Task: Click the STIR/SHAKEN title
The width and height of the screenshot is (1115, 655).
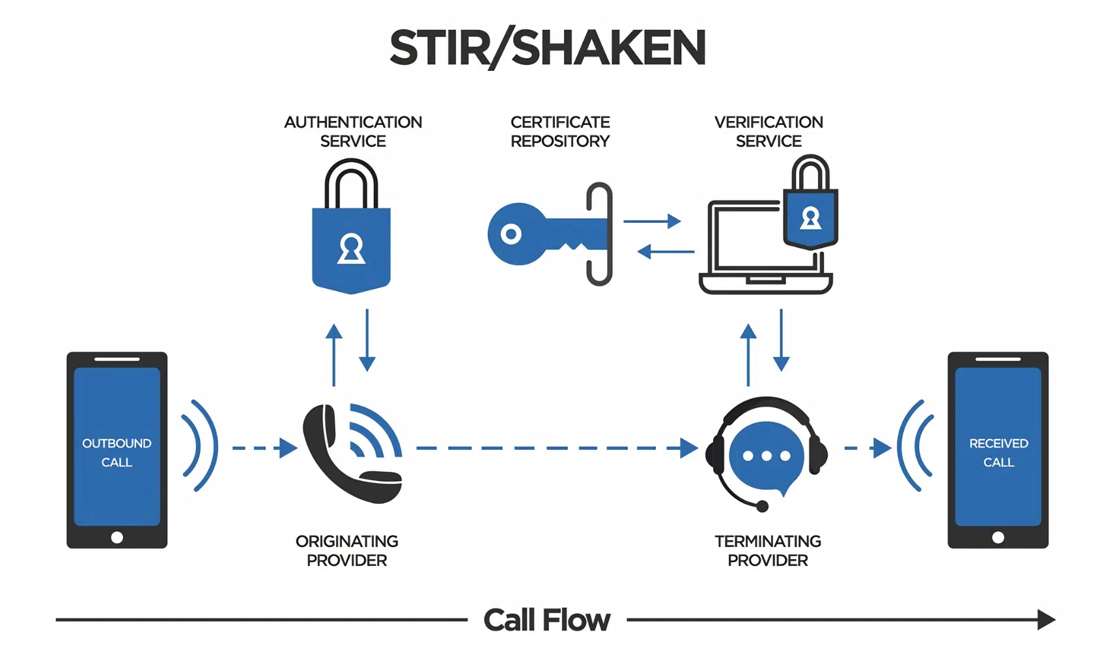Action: (x=547, y=48)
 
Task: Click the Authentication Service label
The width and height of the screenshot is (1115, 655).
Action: (x=353, y=132)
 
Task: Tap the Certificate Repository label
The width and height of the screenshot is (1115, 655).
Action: (x=559, y=132)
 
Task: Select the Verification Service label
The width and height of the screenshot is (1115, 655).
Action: (x=769, y=132)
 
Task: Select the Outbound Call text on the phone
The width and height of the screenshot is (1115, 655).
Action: (x=117, y=453)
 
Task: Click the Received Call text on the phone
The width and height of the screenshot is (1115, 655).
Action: (x=998, y=453)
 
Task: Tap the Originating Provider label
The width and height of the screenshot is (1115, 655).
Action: (x=346, y=551)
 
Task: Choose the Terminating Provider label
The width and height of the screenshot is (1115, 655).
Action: (x=767, y=551)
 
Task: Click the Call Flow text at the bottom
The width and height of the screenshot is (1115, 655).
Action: (x=546, y=620)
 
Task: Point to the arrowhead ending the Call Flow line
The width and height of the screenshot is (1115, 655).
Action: (x=1045, y=620)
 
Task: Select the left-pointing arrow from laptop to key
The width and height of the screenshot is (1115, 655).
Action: (x=666, y=251)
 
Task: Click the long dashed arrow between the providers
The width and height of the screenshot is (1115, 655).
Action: (x=554, y=448)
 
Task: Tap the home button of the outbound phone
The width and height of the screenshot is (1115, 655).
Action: (x=117, y=538)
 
